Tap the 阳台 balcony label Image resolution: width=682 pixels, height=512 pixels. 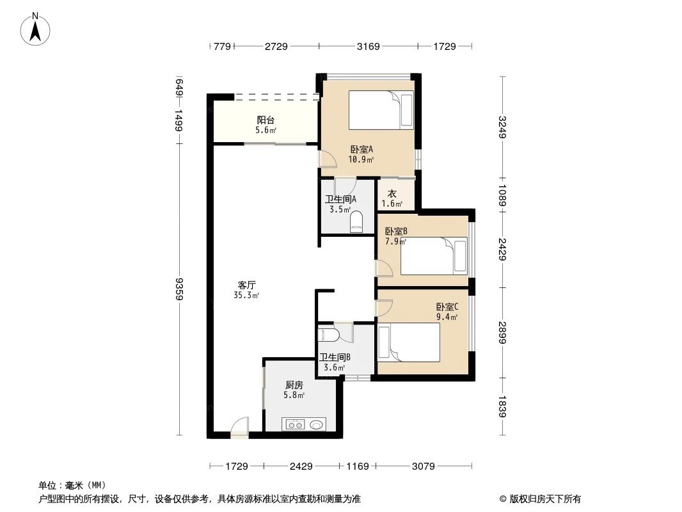coord(267,120)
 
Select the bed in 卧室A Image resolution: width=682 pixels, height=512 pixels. coord(381,110)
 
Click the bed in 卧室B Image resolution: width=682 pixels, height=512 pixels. coord(434,255)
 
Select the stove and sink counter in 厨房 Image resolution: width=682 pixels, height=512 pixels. coord(305,424)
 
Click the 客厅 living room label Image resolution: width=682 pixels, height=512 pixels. coord(247,285)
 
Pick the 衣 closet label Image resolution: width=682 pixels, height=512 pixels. coord(392,194)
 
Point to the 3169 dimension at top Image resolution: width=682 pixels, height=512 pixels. coord(369,46)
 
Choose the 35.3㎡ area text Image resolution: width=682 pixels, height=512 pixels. coord(247,296)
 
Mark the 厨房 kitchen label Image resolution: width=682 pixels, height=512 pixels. coord(294,385)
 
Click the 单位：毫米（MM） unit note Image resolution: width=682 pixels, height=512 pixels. coord(72,486)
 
